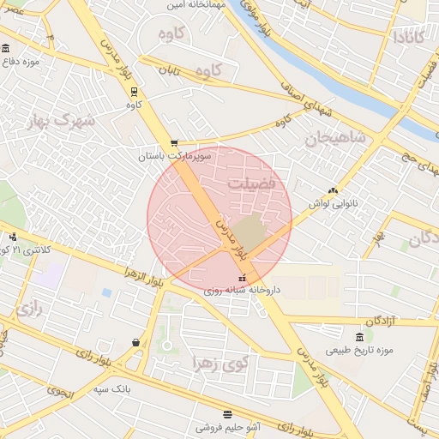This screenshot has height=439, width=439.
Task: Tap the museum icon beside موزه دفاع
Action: [x=6, y=48]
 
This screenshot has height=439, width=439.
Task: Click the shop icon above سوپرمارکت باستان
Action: [x=175, y=143]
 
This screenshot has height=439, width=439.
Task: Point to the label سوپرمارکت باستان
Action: [x=174, y=156]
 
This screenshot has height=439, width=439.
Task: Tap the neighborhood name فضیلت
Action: [x=253, y=184]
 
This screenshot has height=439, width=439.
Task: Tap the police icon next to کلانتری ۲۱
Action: [x=12, y=237]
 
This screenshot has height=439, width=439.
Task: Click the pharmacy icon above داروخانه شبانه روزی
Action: [x=242, y=279]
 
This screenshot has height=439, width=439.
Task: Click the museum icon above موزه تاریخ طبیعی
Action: [x=359, y=336]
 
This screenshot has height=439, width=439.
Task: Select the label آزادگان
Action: [x=382, y=321]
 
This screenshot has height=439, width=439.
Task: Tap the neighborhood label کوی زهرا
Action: [x=221, y=364]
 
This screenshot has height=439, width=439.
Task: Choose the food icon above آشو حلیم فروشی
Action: [x=226, y=414]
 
